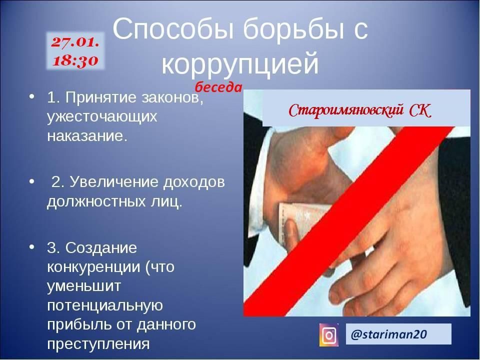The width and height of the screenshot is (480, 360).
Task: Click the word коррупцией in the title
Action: (x=240, y=64)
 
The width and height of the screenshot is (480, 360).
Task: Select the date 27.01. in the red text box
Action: (x=75, y=42)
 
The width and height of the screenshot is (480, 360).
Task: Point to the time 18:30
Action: (x=75, y=60)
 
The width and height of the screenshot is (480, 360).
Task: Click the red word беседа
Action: (x=218, y=87)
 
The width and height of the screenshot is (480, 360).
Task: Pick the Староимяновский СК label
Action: (x=360, y=110)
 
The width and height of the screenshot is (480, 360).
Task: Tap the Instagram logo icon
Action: (x=329, y=335)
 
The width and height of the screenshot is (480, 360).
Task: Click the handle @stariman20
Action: (x=389, y=334)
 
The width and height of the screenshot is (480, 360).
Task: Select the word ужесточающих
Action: (x=102, y=117)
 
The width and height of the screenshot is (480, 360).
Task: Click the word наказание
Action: (x=87, y=135)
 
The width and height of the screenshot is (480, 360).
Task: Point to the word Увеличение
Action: (x=114, y=182)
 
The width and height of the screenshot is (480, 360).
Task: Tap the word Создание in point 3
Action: (x=101, y=247)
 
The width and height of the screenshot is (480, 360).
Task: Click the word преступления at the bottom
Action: (x=98, y=344)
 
